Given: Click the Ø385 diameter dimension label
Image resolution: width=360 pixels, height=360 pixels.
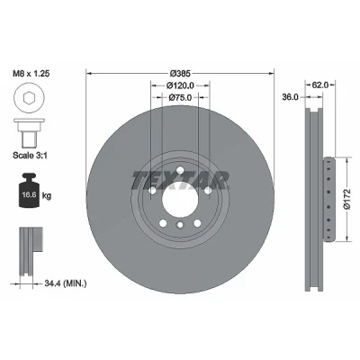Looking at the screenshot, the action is point(180,73).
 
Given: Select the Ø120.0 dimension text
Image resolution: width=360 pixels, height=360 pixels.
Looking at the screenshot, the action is point(180,85).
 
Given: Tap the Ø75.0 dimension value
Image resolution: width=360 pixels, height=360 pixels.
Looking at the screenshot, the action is point(180,97).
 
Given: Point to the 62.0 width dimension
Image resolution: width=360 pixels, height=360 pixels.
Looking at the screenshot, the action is point(320,85).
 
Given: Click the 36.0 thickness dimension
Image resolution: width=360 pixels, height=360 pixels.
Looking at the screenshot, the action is point(291,97).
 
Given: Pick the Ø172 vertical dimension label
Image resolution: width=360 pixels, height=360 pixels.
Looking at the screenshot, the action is point(346,199).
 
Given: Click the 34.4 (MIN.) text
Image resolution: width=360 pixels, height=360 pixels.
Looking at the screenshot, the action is point(65,283).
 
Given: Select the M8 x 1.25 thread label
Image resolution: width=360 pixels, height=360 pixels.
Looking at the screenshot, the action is point(31,74).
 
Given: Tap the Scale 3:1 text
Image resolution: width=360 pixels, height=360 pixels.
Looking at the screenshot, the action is point(30,155).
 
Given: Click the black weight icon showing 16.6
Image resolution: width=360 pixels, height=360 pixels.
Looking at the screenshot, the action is point(29,190).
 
